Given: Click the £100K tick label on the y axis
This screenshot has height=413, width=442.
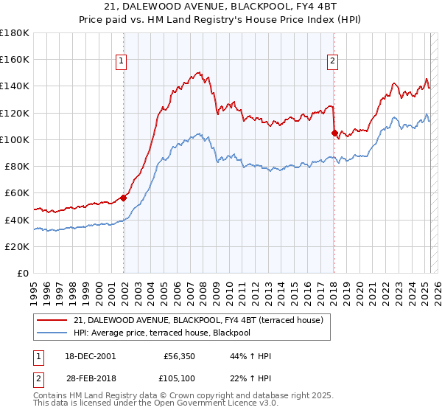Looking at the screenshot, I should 15,139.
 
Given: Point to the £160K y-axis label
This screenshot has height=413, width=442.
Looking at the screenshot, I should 15,60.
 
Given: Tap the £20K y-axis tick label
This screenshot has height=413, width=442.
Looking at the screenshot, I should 17,246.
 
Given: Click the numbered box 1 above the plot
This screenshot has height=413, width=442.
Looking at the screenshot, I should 121,62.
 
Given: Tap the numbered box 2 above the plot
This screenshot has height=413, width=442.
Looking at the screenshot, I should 333,62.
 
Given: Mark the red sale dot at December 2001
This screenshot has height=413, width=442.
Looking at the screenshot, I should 124,198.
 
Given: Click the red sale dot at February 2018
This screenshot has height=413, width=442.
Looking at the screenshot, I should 335,133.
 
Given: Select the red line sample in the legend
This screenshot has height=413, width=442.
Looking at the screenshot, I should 52,319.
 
